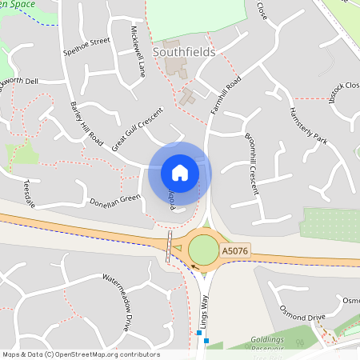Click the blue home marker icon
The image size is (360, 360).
pos(179,173)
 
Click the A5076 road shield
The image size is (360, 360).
pos(234,252)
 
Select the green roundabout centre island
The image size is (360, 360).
pos(203,249)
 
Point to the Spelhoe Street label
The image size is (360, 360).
pos(87,47)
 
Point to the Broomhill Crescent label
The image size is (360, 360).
pos(252,160)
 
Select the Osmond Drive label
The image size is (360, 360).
pos(304,310)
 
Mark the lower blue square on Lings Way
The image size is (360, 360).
pos(206,341)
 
